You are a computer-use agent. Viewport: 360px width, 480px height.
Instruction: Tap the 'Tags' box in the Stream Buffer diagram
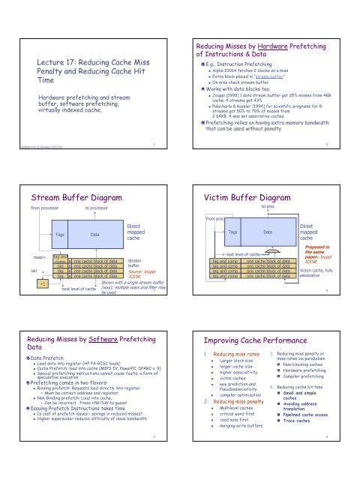[56, 234]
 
